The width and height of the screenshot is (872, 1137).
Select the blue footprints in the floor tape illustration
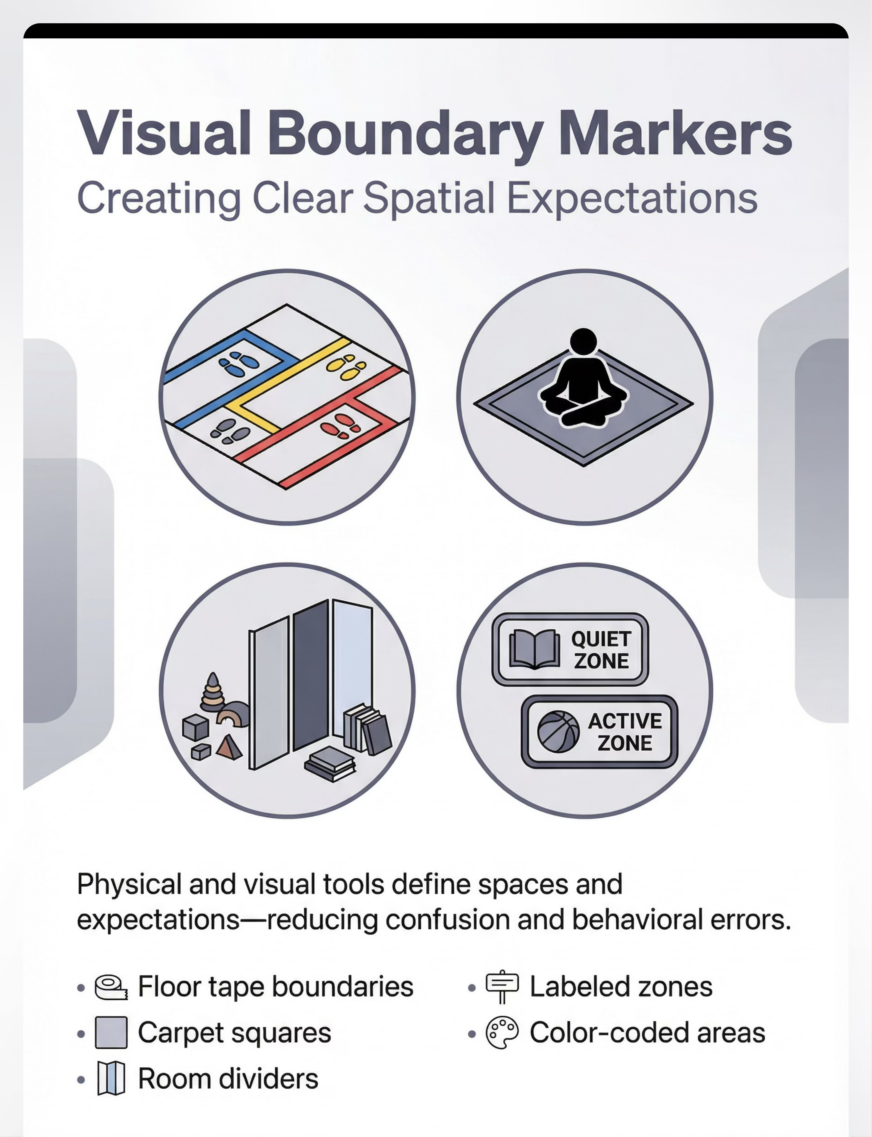(x=238, y=363)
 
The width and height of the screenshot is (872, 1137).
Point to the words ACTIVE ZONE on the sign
(x=625, y=732)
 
